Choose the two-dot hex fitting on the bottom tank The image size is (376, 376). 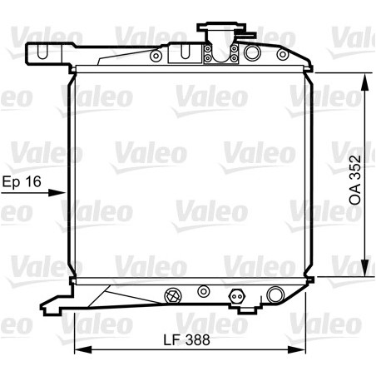coord(235,294)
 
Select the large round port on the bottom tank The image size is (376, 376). coord(275,294)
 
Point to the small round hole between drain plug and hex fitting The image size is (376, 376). coord(201,292)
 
